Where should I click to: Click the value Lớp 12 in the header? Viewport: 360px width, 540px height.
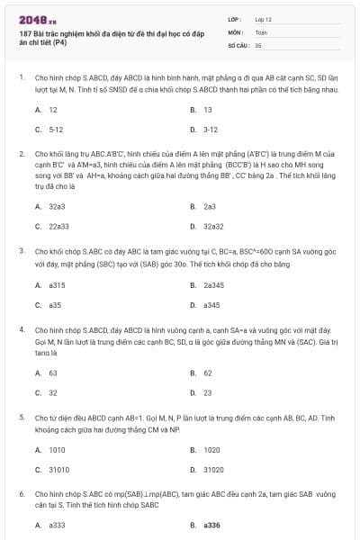coord(263,18)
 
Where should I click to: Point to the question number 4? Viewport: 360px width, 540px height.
coord(22,329)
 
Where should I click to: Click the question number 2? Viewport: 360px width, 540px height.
coord(22,154)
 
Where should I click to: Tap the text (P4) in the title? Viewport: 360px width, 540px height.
coord(59,42)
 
